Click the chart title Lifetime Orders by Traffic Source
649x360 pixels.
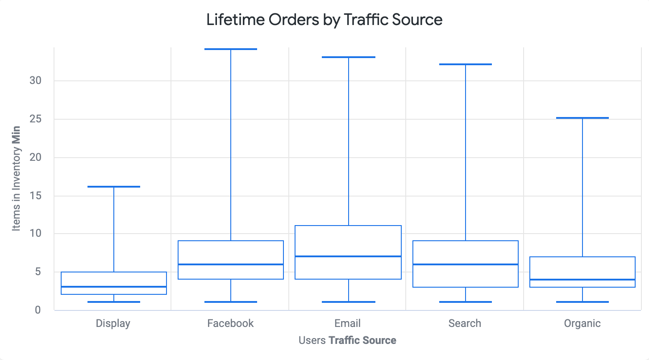tap(324, 20)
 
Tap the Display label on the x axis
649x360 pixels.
tap(113, 323)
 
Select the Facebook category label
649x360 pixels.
tap(230, 323)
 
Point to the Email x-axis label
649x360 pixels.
tap(347, 323)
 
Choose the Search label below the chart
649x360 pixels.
tap(465, 323)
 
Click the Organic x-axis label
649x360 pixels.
tap(582, 323)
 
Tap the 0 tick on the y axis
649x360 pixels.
tap(38, 310)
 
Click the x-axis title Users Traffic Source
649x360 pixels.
tap(347, 340)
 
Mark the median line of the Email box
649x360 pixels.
tap(348, 256)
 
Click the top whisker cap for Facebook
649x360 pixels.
tap(231, 49)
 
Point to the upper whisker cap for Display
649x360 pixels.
tap(114, 187)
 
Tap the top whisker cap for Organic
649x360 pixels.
tap(582, 118)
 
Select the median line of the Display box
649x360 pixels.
tap(114, 287)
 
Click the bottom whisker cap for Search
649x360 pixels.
tap(466, 302)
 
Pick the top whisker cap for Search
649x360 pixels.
tap(466, 64)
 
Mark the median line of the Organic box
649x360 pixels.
tap(582, 280)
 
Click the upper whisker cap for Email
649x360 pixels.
tap(348, 57)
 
